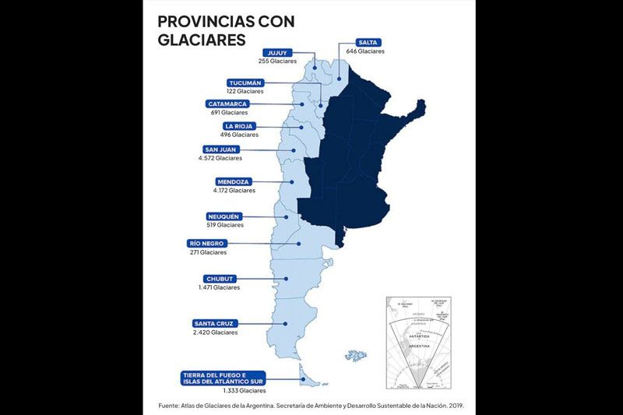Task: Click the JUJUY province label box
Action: tap(277, 51)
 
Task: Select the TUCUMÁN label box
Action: tap(245, 83)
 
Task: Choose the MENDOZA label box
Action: tap(232, 181)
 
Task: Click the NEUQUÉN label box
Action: tap(224, 216)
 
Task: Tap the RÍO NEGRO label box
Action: tap(206, 244)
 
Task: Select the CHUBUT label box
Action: tap(220, 279)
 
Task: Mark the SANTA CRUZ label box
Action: tap(214, 323)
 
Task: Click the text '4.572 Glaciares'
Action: tap(220, 158)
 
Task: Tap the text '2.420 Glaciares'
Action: tap(215, 332)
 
